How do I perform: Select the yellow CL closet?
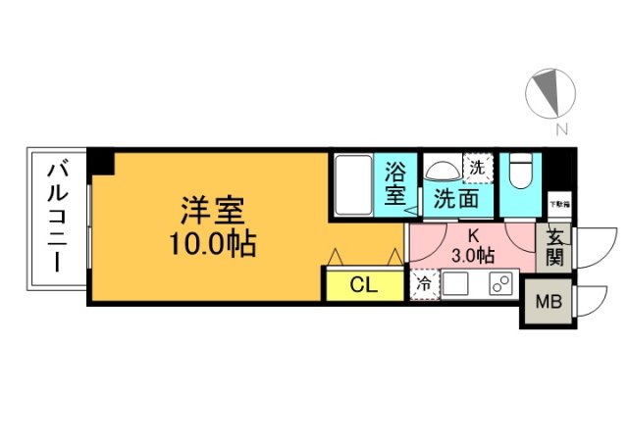coord(364,285)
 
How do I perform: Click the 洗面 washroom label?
coord(456,199)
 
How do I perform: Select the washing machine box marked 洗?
coord(477,167)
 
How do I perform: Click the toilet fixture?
coord(520,174)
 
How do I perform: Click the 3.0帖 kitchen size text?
coord(473,254)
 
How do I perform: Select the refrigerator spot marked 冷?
coord(425,284)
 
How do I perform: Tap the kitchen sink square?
coord(455,284)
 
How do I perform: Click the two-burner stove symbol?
coord(499,284)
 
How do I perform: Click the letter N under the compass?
coord(559,128)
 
